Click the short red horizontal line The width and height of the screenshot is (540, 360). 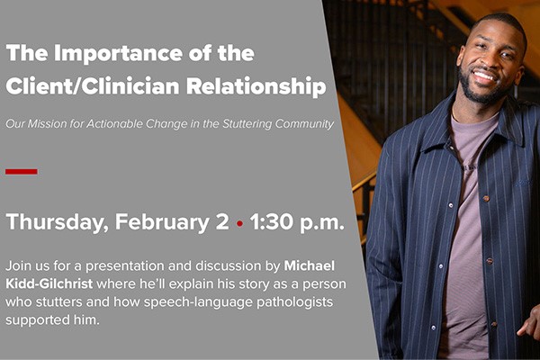21,171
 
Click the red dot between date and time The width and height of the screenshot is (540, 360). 239,224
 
